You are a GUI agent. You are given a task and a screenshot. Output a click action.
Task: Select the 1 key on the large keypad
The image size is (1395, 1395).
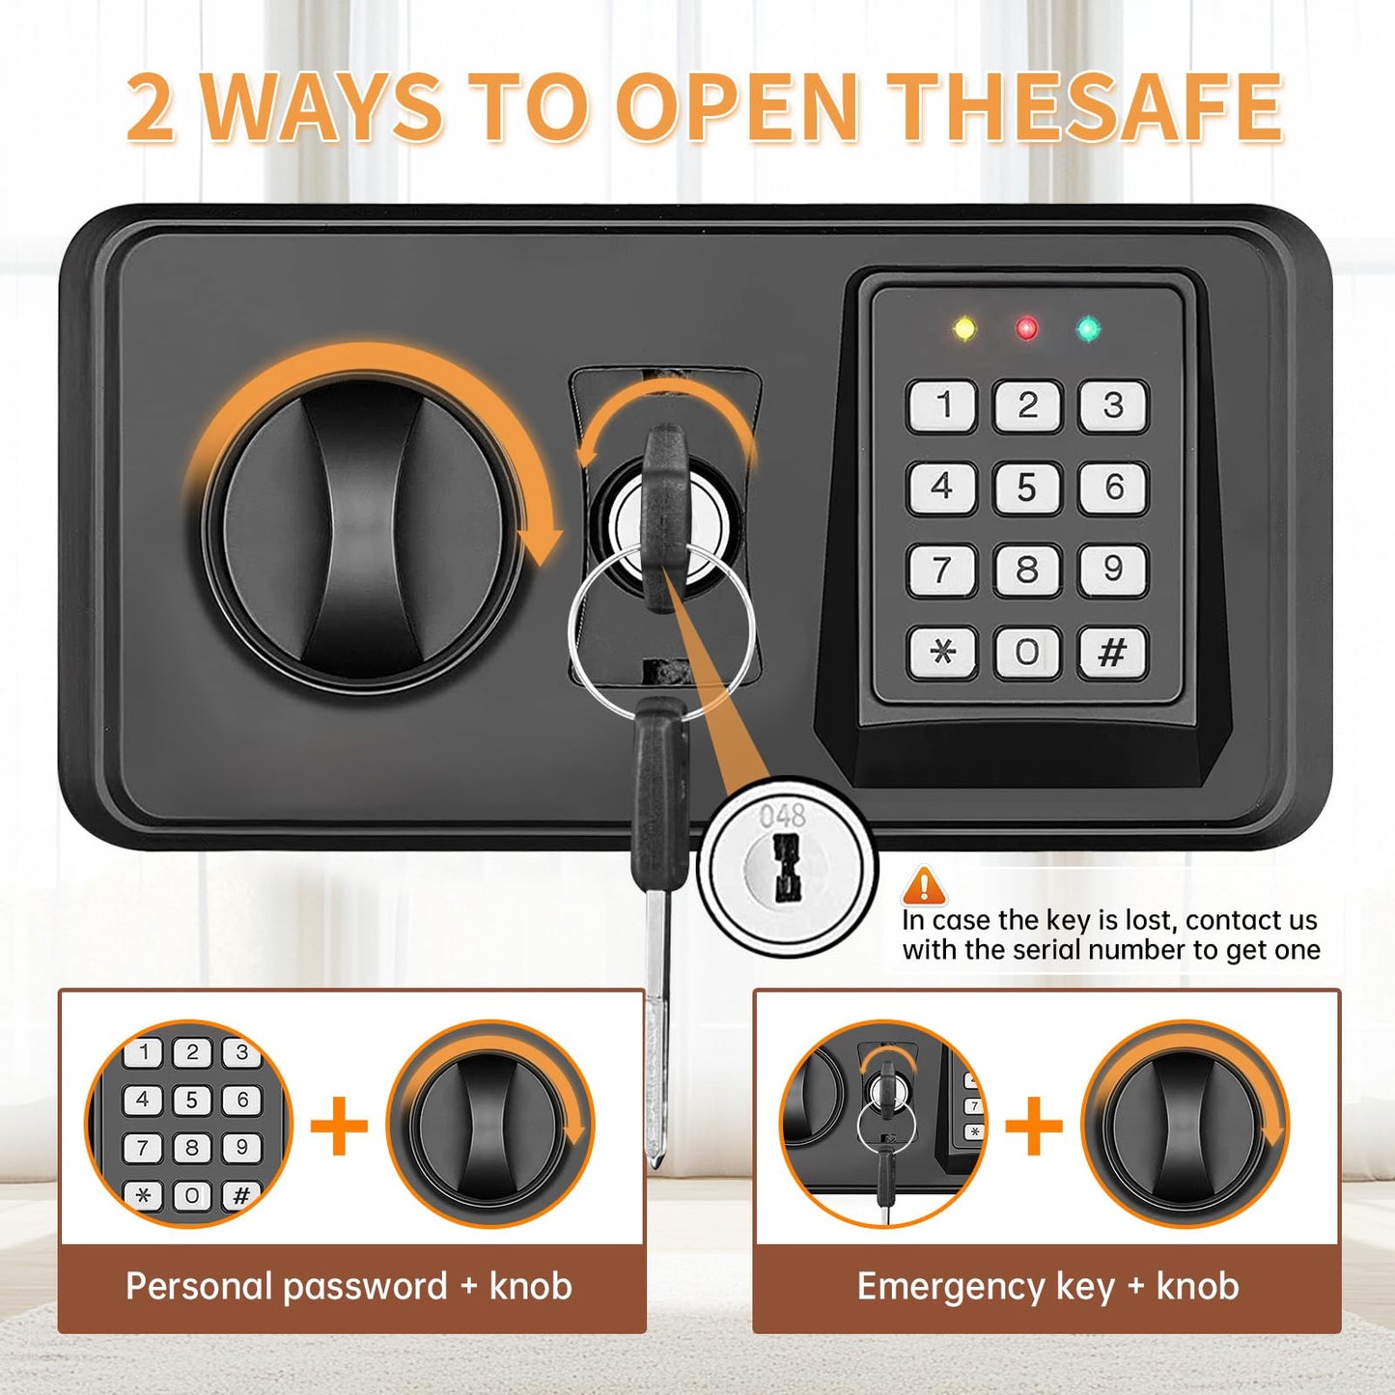[x=942, y=405]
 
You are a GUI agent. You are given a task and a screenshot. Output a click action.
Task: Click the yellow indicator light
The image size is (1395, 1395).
[x=964, y=328]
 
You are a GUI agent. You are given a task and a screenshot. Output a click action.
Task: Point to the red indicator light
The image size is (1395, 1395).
[x=1026, y=328]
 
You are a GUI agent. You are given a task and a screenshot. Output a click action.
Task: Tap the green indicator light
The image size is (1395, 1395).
[x=1088, y=328]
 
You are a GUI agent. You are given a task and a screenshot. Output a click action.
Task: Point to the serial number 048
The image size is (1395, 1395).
[x=783, y=816]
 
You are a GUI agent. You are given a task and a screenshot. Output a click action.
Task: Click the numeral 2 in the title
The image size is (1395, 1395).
[x=152, y=107]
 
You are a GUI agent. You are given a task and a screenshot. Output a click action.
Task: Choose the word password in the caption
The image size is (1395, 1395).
[x=365, y=1288]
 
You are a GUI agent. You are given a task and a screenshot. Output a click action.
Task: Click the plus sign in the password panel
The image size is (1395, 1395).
[x=339, y=1126]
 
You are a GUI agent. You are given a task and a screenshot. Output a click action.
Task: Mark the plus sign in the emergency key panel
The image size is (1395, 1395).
[x=1034, y=1126]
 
